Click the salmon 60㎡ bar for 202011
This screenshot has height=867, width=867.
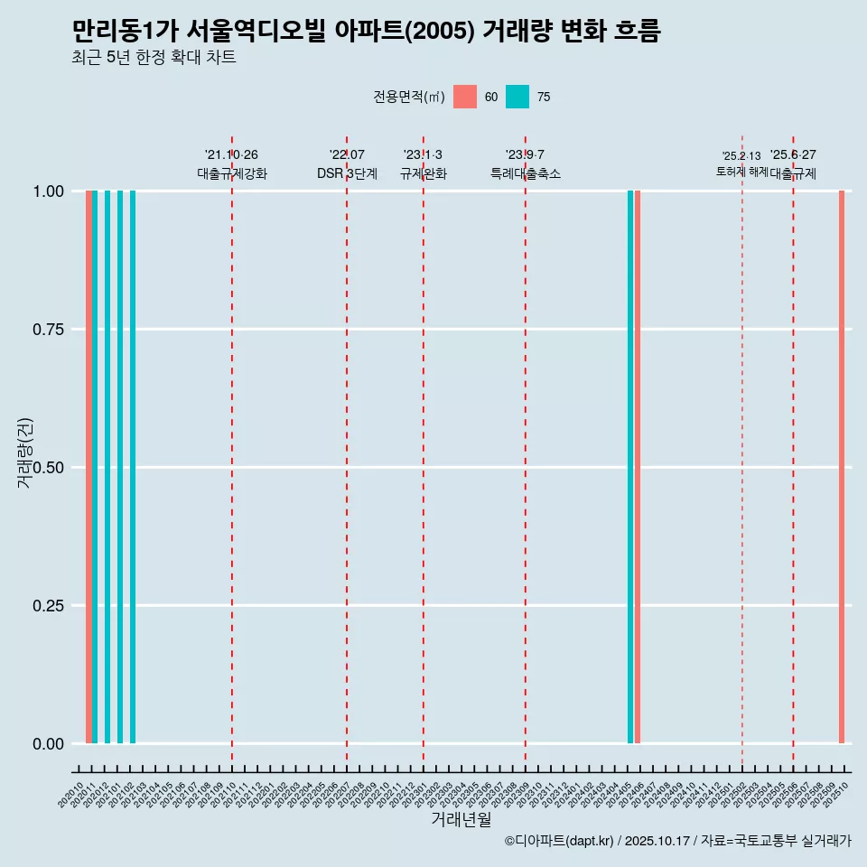tap(89, 467)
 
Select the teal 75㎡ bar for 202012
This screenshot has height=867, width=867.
tap(107, 467)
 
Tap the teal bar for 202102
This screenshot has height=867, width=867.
tap(133, 467)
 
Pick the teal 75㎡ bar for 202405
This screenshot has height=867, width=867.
tap(630, 467)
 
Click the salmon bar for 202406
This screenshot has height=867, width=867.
tap(638, 467)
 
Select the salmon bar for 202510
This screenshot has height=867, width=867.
tap(842, 467)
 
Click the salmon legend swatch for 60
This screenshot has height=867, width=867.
tap(465, 97)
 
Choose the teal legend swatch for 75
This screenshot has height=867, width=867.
tap(517, 97)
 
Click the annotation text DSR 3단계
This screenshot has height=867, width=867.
tap(347, 173)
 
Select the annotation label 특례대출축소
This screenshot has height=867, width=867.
tap(526, 173)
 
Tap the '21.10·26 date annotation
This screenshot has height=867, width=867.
tap(231, 154)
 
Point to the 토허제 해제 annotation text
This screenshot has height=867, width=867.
tap(741, 171)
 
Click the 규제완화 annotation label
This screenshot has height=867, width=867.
tap(424, 173)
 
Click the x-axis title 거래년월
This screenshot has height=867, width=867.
tap(461, 820)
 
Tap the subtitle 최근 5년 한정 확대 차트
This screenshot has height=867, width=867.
tap(154, 58)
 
